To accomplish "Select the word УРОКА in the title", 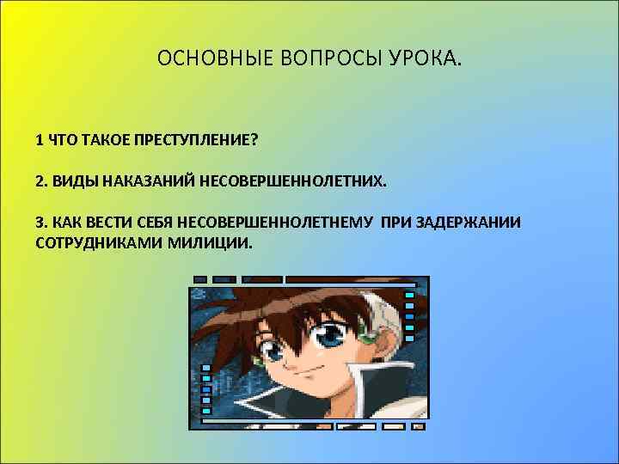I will coord(428,60).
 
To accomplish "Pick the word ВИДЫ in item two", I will coord(74,181).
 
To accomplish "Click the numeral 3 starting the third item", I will coord(40,222).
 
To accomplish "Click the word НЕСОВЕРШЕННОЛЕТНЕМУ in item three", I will coord(278,222).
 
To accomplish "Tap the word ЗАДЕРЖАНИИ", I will coord(468,222).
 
